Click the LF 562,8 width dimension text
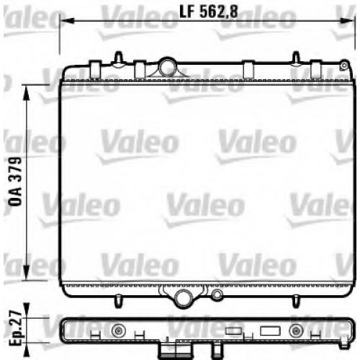tap(209, 12)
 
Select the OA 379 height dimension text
tap(15, 181)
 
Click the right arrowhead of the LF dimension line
tap(348, 21)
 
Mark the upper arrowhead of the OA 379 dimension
tap(27, 91)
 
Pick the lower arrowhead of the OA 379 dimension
tap(27, 273)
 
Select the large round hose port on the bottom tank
tap(184, 297)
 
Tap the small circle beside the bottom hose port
tap(217, 294)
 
